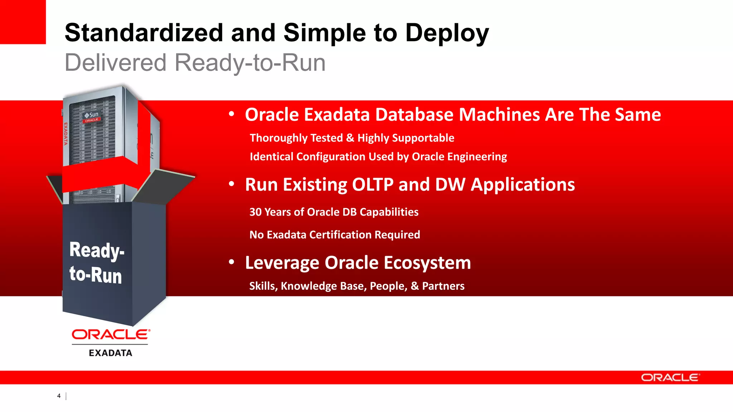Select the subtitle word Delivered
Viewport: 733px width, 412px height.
coord(115,63)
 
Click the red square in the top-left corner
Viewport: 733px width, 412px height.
coord(23,22)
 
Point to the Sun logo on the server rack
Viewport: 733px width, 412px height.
coord(92,115)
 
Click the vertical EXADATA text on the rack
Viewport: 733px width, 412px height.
coord(65,134)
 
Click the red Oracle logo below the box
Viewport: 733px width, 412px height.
coord(111,334)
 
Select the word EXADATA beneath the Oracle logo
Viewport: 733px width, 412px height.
coord(111,353)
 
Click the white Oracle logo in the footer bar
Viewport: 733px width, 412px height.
coord(670,378)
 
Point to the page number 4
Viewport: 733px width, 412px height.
coord(59,396)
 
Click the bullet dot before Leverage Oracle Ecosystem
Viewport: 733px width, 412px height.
coord(232,262)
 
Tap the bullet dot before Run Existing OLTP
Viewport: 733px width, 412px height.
coord(232,184)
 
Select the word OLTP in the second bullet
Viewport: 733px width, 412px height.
coord(373,185)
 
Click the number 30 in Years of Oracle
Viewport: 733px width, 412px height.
coord(256,212)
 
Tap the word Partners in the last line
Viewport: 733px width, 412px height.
coord(443,286)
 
